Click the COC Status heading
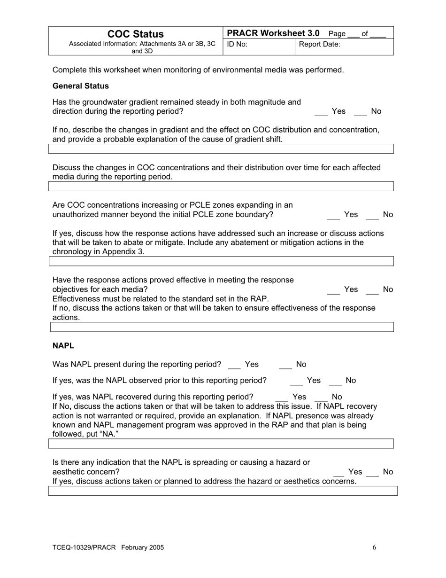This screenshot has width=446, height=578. point(136,34)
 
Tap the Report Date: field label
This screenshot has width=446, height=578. point(320,45)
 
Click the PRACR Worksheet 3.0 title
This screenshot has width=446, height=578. point(273,33)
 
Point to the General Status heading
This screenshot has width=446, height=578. point(81,86)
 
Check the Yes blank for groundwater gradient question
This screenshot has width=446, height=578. point(321,112)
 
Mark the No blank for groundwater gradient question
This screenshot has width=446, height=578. point(360,112)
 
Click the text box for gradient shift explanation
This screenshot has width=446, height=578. point(221,149)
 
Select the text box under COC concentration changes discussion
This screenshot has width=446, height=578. point(221,187)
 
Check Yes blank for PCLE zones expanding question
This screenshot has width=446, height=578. point(333,216)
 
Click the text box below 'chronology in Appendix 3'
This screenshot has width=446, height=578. point(221,261)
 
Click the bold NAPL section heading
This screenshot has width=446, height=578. point(63,346)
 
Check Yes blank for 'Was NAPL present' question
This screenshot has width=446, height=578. point(234,366)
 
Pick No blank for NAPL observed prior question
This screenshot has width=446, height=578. point(335,382)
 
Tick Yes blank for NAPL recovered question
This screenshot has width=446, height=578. point(281,398)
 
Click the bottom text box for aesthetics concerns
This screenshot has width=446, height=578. point(223,491)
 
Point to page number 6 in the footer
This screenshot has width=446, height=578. point(374,547)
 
